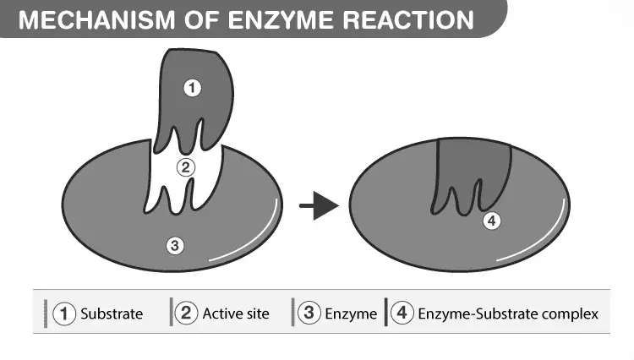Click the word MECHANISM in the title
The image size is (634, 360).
96,19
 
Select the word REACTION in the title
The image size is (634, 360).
408,19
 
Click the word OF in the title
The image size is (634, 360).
201,19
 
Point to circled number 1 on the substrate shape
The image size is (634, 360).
192,88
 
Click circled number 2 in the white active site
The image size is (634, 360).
186,167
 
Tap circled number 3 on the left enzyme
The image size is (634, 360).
175,245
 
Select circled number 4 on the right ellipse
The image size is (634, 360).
492,221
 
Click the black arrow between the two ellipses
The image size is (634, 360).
319,205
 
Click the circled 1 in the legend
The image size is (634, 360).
64,314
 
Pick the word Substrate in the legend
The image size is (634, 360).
112,314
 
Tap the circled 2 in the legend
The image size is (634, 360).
187,314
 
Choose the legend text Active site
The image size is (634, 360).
236,314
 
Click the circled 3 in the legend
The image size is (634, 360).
309,313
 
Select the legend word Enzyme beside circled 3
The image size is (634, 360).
351,314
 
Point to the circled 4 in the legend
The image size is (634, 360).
402,313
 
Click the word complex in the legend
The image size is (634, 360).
570,314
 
